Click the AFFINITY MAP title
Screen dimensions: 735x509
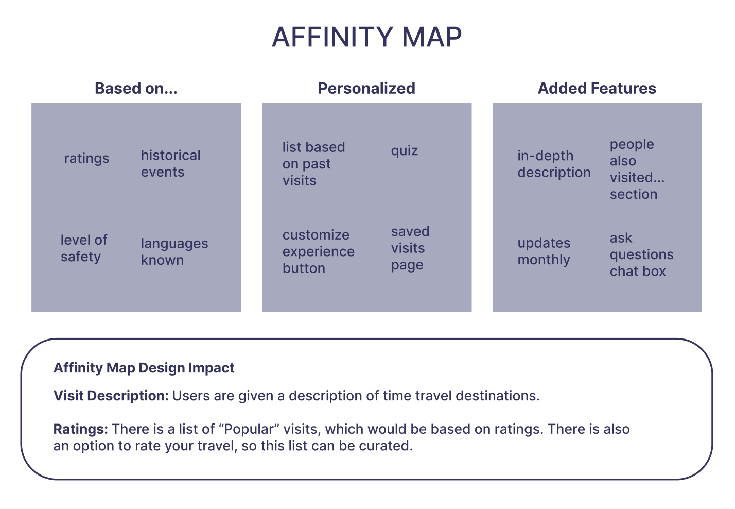point(366,37)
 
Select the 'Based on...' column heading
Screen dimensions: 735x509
point(136,88)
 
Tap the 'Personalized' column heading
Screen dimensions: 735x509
point(366,88)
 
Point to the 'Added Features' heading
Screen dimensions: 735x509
point(597,88)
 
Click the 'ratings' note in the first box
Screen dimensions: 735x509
point(86,158)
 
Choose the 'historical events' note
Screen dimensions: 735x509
point(170,163)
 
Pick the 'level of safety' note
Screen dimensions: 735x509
point(83,248)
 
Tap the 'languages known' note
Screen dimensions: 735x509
point(174,251)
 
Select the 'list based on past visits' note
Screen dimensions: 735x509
point(313,163)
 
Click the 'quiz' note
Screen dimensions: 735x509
point(405,151)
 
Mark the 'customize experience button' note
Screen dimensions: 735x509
point(318,251)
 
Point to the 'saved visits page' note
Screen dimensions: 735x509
point(410,248)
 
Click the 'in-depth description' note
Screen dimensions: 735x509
point(554,164)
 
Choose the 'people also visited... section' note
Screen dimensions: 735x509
point(637,169)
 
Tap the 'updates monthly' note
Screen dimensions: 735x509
point(544,251)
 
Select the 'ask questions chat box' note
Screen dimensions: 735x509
point(641,254)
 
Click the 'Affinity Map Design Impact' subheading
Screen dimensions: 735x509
point(144,368)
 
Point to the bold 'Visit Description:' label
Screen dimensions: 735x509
point(111,396)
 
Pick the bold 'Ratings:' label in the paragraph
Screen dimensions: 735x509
point(81,429)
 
